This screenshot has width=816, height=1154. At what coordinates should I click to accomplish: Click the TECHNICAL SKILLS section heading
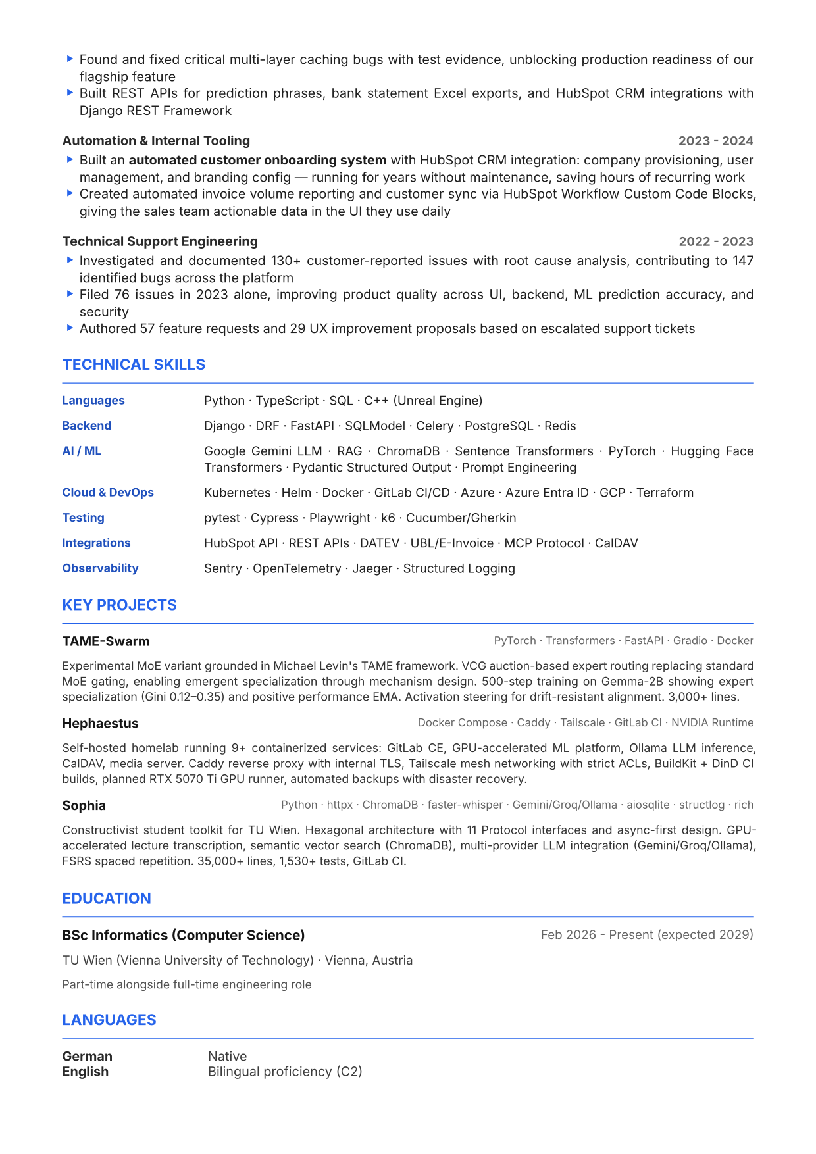[x=134, y=364]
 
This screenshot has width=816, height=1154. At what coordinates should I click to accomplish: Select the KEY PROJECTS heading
[x=119, y=605]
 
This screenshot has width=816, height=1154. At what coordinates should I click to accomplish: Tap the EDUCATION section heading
[x=107, y=898]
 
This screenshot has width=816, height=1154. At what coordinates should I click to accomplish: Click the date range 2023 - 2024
[x=715, y=141]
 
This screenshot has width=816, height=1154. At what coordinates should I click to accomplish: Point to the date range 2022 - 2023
[x=715, y=241]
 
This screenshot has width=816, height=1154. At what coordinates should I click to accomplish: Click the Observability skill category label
[x=100, y=568]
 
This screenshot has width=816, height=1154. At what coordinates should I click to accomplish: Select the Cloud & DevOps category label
[x=108, y=493]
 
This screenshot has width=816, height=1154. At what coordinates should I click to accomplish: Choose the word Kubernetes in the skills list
[x=237, y=493]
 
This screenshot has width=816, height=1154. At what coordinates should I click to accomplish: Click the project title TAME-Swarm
[x=106, y=641]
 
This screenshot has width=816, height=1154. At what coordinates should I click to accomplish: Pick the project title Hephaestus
[x=100, y=724]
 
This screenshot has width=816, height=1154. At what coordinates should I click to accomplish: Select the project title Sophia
[x=84, y=806]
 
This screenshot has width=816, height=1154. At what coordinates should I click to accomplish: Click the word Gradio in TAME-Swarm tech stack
[x=690, y=641]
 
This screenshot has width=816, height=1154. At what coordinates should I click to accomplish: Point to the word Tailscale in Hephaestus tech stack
[x=582, y=723]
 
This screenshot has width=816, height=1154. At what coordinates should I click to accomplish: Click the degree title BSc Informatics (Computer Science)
[x=184, y=935]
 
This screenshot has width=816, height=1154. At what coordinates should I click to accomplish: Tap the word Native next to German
[x=227, y=1056]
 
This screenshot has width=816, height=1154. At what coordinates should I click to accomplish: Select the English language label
[x=85, y=1072]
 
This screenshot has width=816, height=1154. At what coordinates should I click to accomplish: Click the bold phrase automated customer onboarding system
[x=257, y=160]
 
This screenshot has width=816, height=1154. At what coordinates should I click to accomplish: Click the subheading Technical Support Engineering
[x=160, y=241]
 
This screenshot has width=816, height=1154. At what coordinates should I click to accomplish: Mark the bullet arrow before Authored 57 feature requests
[x=70, y=328]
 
